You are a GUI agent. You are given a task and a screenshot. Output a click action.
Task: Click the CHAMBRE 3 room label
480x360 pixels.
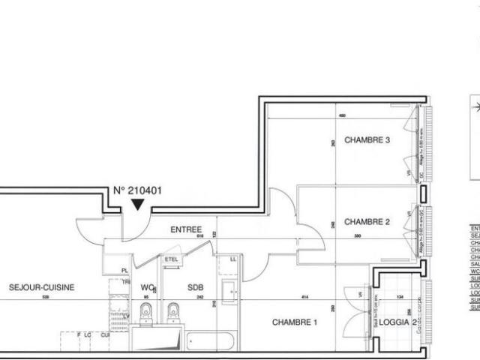pyautogui.click(x=367, y=140)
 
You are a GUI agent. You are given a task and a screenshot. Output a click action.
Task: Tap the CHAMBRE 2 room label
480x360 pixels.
pyautogui.click(x=367, y=221)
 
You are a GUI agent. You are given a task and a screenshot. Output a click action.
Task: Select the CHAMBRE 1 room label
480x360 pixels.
pyautogui.click(x=295, y=322)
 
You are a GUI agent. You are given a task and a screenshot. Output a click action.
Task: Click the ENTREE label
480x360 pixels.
pyautogui.click(x=187, y=229)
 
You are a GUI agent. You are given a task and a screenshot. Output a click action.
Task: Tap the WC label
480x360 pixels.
pyautogui.click(x=147, y=287)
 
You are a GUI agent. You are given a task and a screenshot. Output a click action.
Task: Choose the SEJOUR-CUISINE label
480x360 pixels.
pyautogui.click(x=42, y=287)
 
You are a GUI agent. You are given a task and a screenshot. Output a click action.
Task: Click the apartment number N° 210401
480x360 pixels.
pyautogui.click(x=137, y=190)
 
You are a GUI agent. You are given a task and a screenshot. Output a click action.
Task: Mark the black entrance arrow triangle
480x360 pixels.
pyautogui.click(x=137, y=204)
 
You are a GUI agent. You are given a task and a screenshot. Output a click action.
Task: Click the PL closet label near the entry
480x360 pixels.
pyautogui.click(x=125, y=270)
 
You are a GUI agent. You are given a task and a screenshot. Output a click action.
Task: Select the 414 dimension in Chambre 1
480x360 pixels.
pyautogui.click(x=305, y=298)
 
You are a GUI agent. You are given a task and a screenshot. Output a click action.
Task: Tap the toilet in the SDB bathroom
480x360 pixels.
pyautogui.click(x=174, y=313)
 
